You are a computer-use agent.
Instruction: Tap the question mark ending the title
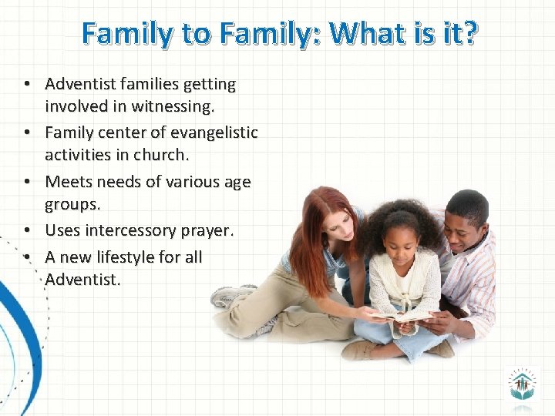(469, 33)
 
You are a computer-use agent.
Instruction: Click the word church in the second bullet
(159, 155)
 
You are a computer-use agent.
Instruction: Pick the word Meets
(69, 182)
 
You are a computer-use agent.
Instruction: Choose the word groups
(72, 205)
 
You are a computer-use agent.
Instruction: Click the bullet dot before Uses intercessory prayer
(26, 230)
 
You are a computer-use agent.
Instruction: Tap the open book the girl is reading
(402, 315)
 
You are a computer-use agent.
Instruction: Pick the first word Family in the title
(122, 33)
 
